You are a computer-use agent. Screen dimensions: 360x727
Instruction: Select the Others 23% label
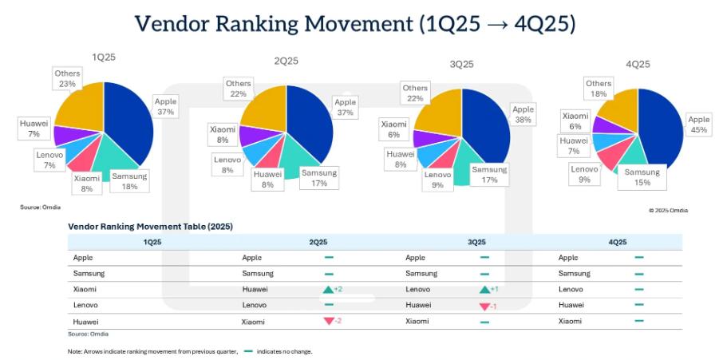pyautogui.click(x=67, y=78)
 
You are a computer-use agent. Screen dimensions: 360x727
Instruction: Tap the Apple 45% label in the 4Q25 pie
pyautogui.click(x=698, y=125)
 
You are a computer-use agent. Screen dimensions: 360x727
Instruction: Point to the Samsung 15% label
pyautogui.click(x=642, y=177)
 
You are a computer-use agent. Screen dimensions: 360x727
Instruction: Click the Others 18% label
pyautogui.click(x=599, y=88)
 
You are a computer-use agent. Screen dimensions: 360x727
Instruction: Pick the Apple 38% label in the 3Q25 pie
pyautogui.click(x=523, y=114)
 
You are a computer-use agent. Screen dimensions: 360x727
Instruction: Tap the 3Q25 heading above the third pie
pyautogui.click(x=461, y=63)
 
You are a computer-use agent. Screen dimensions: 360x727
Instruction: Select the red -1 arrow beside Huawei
pyautogui.click(x=484, y=305)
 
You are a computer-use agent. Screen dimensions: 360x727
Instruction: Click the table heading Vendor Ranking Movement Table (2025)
pyautogui.click(x=150, y=227)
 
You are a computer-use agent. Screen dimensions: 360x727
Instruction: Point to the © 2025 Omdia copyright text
pyautogui.click(x=668, y=210)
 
